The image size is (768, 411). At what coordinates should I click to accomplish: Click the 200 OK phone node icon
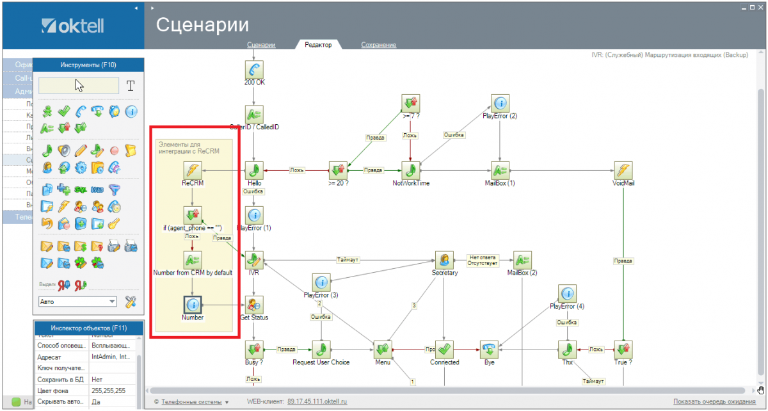click(254, 69)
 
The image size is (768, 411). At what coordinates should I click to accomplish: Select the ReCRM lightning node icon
click(193, 170)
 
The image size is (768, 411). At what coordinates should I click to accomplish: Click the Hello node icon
click(254, 170)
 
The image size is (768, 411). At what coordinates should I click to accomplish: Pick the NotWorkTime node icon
click(411, 170)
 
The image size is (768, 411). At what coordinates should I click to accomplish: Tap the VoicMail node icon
click(623, 170)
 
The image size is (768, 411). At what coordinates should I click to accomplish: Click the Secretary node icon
click(444, 260)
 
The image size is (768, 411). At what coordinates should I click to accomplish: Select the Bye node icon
click(490, 350)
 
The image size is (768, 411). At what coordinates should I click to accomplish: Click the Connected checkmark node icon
click(444, 350)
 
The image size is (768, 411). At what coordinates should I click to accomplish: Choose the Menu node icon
click(382, 350)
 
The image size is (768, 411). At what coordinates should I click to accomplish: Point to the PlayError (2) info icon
click(500, 103)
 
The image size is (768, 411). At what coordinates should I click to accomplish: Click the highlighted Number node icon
click(193, 305)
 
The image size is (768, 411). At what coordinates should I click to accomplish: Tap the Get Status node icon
click(254, 305)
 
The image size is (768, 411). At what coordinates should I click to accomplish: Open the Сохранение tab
click(378, 45)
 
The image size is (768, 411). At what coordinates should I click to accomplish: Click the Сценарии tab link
click(261, 45)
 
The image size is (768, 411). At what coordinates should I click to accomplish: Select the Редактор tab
click(318, 45)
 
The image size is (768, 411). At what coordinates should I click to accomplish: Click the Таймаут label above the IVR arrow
click(348, 260)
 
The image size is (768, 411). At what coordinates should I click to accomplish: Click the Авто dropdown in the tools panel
click(77, 301)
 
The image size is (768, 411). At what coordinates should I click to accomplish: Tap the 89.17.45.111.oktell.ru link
click(317, 401)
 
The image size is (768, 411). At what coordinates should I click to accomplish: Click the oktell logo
click(72, 26)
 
